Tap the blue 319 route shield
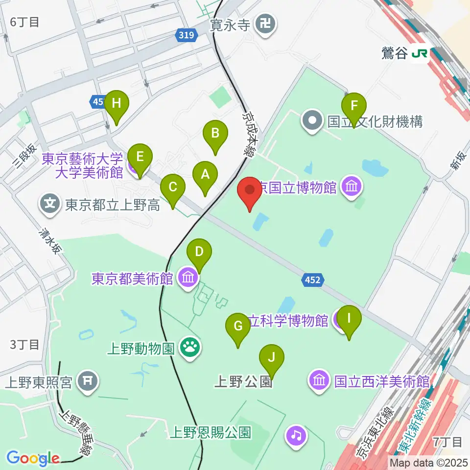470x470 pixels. pos(186,35)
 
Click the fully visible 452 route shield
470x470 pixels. pos(312,280)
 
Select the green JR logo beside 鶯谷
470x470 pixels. pos(420,53)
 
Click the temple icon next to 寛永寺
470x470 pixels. pos(267,23)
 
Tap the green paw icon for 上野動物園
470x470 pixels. pos(188,349)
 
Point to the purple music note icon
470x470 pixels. pos(297,434)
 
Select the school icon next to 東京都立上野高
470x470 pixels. pos(50,204)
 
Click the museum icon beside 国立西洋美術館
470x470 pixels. pos(319,381)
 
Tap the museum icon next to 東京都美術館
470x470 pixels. pos(188,279)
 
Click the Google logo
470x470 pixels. pos(33,458)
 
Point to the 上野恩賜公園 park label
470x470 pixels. pos(211,433)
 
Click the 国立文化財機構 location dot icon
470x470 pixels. pos(312,121)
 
